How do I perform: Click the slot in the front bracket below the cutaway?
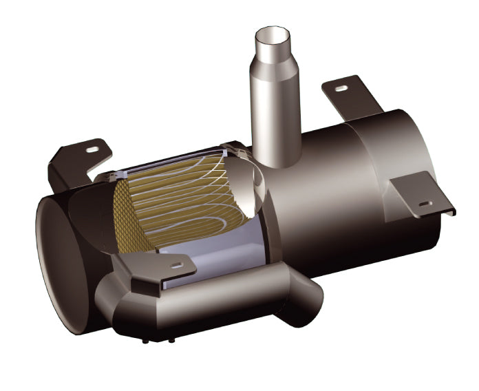[178, 265]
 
